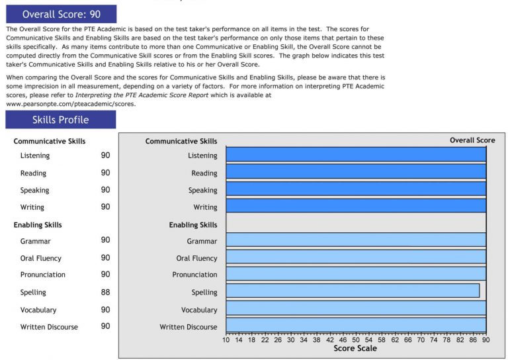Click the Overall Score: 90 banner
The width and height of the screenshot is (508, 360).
(x=61, y=14)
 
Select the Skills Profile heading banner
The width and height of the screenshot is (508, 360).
(x=61, y=120)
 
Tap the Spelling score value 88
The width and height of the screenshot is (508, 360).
(x=105, y=292)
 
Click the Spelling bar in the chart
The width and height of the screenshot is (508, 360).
(x=353, y=291)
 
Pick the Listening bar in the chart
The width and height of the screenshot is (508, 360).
(x=356, y=155)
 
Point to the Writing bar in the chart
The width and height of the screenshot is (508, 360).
(x=356, y=206)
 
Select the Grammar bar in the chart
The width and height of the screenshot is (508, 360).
(x=356, y=240)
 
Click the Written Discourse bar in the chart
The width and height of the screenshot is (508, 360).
(x=356, y=326)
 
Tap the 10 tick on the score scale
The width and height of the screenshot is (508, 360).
(x=226, y=339)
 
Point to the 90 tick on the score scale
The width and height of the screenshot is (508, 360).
(x=486, y=339)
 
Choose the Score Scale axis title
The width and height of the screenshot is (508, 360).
(x=355, y=349)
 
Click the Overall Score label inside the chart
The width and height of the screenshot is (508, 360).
(x=472, y=140)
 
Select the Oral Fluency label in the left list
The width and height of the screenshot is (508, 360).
(x=41, y=258)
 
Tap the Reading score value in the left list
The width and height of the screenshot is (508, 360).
(x=105, y=173)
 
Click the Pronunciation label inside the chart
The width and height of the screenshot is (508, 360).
(x=194, y=275)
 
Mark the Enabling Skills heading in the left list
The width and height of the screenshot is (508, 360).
(x=38, y=225)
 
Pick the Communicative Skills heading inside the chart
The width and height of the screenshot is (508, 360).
(x=181, y=141)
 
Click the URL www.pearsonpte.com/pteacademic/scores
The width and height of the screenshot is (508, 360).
(x=71, y=104)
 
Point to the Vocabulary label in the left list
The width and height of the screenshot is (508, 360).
(x=38, y=310)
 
